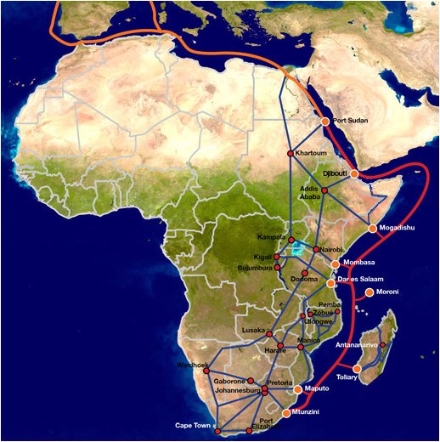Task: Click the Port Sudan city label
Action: [x=352, y=122]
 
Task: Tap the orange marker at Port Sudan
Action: [x=325, y=122]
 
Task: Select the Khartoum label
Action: [x=310, y=153]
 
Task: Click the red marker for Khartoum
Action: [x=290, y=153]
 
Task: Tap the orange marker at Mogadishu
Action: [x=372, y=229]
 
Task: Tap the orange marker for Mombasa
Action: [x=336, y=264]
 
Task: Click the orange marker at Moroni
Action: [x=369, y=293]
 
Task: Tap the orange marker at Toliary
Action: [x=358, y=368]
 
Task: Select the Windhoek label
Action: [x=191, y=365]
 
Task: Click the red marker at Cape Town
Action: [x=217, y=432]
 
